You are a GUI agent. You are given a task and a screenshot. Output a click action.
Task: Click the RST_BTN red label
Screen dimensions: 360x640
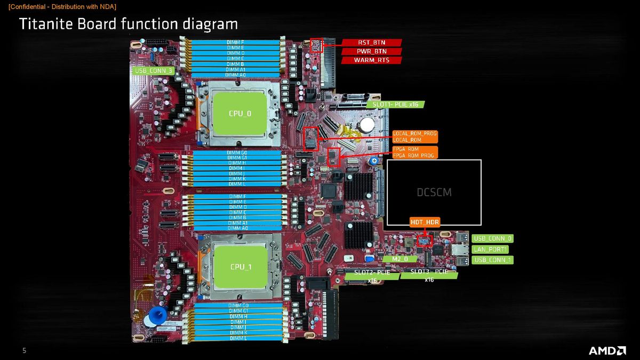point(371,43)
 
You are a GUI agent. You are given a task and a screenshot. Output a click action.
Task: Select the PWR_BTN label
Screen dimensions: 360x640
point(371,51)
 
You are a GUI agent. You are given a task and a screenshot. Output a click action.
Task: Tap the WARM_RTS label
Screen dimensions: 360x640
point(371,60)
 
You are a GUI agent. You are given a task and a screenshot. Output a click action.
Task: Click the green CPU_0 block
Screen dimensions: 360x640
point(240,113)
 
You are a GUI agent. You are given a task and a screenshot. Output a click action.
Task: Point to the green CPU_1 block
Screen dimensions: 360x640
point(241,266)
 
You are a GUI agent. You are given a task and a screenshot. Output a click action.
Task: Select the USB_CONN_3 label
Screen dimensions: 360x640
point(153,70)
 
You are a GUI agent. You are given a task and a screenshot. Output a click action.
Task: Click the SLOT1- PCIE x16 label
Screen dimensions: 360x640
point(395,104)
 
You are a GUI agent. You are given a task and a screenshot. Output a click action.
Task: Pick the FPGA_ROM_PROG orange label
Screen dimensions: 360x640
point(413,155)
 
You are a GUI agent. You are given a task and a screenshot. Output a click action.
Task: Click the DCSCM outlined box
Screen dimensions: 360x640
point(434,192)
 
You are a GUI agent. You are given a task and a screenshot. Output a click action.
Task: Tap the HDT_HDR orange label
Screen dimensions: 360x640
point(425,222)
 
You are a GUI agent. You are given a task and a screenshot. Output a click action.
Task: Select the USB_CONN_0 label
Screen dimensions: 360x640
point(492,238)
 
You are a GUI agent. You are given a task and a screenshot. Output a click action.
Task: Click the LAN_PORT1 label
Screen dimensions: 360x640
point(490,249)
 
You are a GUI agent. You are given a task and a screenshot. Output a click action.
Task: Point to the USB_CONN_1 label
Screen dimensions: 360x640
point(492,260)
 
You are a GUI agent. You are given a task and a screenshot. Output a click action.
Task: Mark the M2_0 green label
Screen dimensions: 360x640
point(400,259)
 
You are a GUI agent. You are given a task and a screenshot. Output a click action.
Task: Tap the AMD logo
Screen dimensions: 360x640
point(607,350)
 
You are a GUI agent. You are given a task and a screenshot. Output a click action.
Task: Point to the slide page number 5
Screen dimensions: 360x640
point(24,350)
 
